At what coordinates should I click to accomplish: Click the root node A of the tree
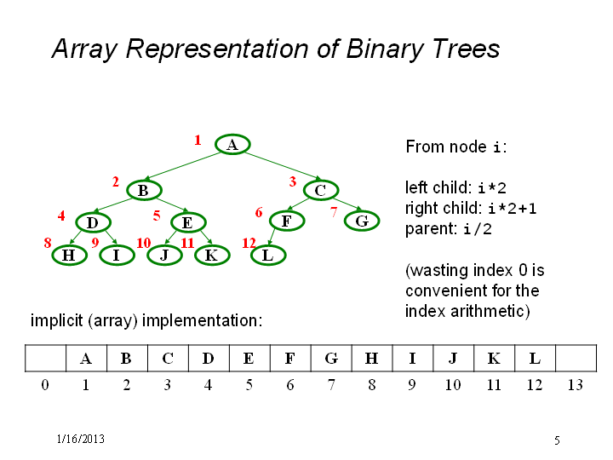click(232, 144)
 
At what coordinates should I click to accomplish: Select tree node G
click(362, 221)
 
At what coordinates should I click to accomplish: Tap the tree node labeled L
click(268, 255)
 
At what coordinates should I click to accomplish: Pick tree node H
click(69, 255)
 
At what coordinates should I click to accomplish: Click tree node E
click(188, 222)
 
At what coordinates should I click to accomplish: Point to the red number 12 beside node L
click(249, 243)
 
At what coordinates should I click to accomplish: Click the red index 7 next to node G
click(334, 212)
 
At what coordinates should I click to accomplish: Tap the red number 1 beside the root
click(198, 140)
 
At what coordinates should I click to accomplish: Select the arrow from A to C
click(283, 166)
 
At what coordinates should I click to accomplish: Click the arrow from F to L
click(272, 238)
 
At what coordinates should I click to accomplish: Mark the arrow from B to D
click(112, 206)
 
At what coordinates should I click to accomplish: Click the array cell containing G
click(331, 358)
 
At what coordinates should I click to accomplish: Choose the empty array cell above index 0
click(45, 358)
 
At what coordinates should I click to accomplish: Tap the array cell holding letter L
click(535, 358)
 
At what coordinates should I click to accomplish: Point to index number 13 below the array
click(576, 385)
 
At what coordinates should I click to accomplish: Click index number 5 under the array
click(249, 385)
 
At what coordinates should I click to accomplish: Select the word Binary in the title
click(385, 49)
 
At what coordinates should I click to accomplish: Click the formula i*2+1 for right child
click(513, 208)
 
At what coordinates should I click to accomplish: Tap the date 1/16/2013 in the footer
click(81, 439)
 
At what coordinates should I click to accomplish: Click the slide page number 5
click(557, 440)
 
